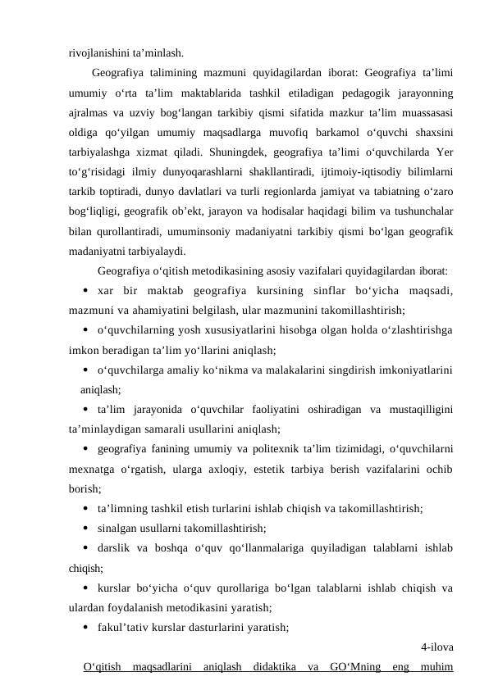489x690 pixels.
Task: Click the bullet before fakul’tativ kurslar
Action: pos(86,628)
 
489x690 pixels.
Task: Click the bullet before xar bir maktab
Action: pos(86,291)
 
